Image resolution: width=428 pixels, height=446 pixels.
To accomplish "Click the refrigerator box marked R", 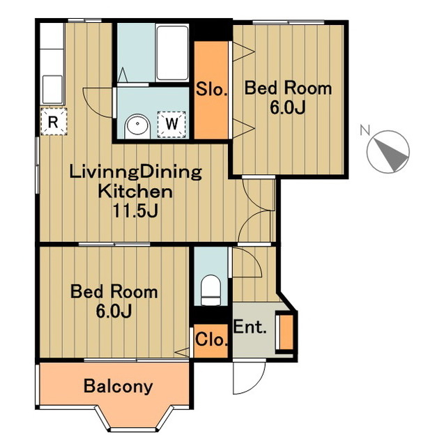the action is [54, 121].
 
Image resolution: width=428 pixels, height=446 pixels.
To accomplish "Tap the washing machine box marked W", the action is [171, 124].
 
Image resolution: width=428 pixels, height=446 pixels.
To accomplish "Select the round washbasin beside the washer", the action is [137, 126].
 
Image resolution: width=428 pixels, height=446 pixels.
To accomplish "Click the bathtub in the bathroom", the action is [172, 53].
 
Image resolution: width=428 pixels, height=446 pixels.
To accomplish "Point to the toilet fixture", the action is [211, 290].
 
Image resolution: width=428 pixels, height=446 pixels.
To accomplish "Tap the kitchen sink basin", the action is [52, 89].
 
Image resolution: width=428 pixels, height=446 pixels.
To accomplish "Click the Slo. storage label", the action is [212, 89].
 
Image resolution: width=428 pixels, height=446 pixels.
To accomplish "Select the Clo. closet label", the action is [212, 339].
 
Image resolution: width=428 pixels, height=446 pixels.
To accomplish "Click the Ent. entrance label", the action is [250, 327].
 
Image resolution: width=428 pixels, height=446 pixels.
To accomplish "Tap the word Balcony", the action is [118, 387].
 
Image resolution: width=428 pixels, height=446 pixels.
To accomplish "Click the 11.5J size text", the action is [135, 210].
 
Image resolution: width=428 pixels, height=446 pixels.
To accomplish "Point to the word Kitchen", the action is [135, 192].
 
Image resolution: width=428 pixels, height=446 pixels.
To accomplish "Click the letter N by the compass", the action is [365, 130].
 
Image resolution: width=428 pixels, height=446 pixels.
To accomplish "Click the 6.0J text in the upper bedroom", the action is [288, 107].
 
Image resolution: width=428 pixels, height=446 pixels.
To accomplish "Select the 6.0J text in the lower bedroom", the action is [114, 312].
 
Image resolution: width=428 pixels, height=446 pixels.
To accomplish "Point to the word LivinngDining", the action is [135, 173].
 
